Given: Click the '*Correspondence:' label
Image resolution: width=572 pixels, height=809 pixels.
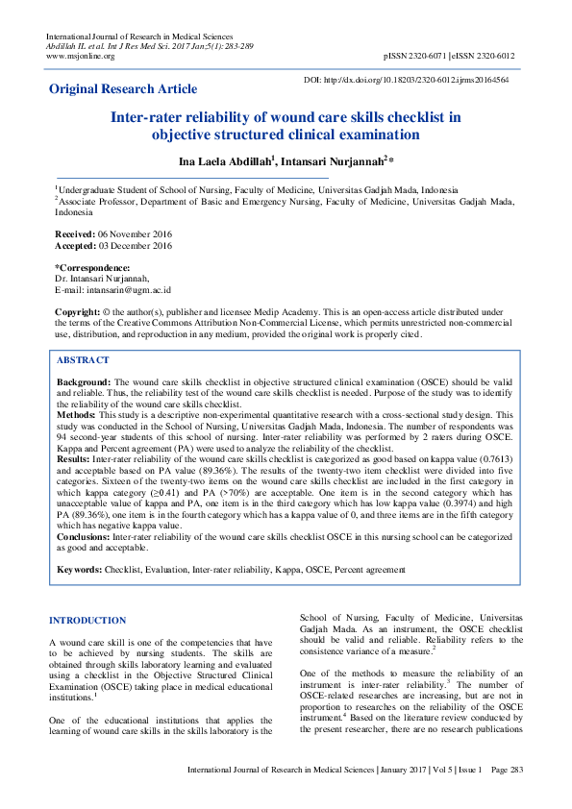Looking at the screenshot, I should coord(92,268).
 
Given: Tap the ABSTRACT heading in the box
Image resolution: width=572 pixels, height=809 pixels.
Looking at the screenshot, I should coord(83,360).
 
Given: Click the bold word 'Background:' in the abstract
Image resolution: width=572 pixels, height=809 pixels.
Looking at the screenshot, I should coord(84,381).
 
